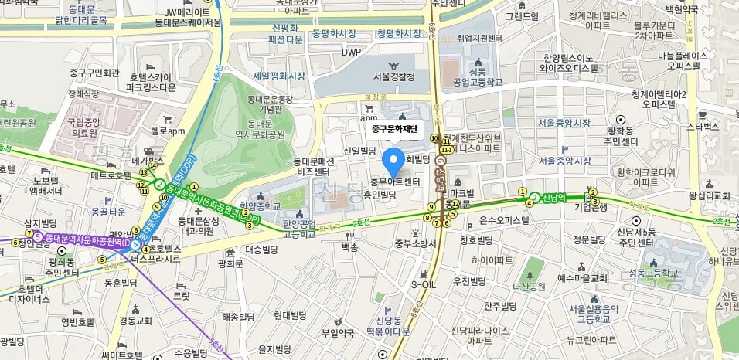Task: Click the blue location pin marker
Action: coord(393,161)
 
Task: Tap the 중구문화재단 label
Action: coord(393,128)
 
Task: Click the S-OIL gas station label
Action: coord(424,284)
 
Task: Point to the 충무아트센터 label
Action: coord(395,182)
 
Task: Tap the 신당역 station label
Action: coord(557,197)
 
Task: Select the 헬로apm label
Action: coord(169,131)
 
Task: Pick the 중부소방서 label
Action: coord(416,244)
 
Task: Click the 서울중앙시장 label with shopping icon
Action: coord(564,161)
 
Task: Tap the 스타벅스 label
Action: coord(703,126)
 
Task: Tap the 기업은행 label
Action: coord(594,207)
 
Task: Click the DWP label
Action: coord(352,53)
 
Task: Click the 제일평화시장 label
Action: coord(280,76)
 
